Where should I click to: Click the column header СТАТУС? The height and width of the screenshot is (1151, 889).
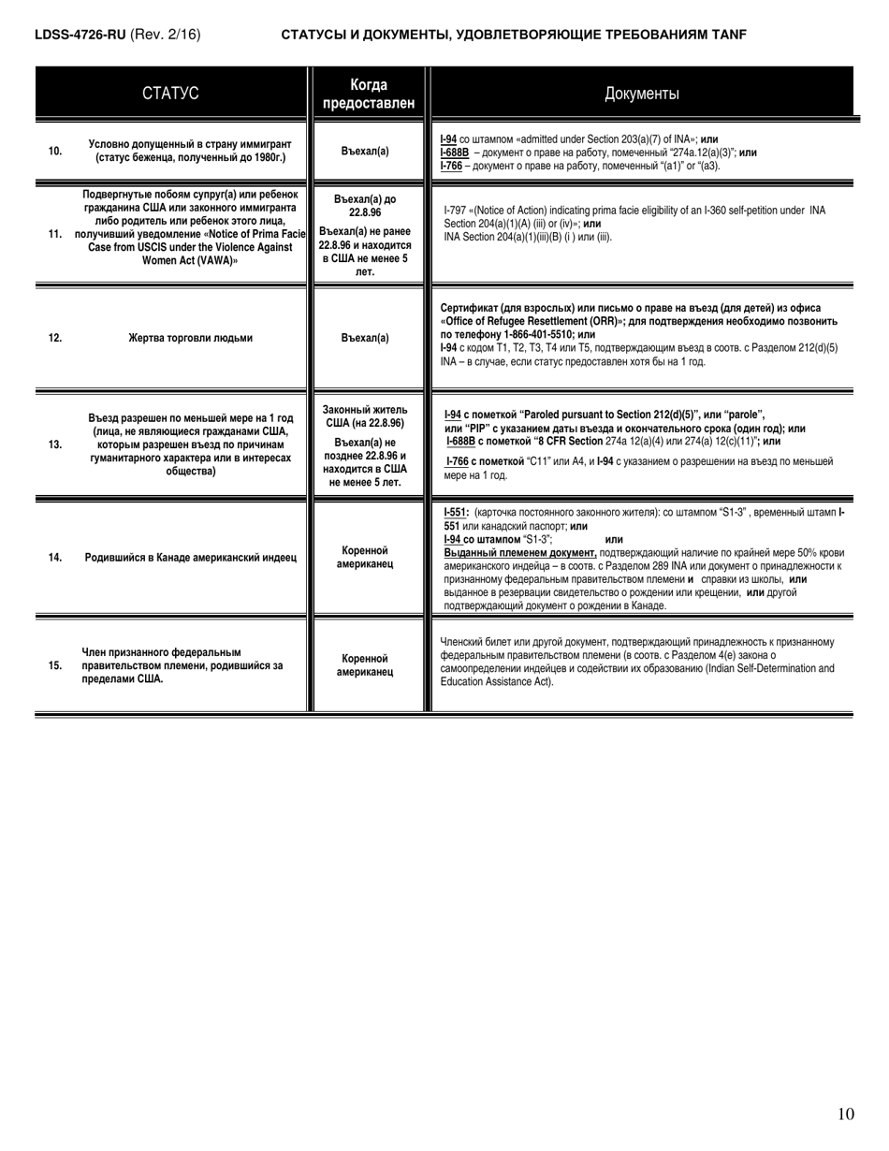[x=170, y=93]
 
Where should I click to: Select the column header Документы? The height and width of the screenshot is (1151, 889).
[x=642, y=93]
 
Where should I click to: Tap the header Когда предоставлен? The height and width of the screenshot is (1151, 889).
[x=368, y=93]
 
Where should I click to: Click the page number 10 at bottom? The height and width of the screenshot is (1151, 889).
[x=846, y=1114]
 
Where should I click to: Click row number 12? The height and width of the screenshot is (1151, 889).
[x=55, y=338]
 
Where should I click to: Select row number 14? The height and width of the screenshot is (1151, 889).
[x=55, y=558]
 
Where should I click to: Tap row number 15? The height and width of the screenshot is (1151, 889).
[x=55, y=665]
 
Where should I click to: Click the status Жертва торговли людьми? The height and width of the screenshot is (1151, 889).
[x=190, y=338]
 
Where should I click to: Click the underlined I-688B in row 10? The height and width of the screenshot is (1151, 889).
[x=456, y=153]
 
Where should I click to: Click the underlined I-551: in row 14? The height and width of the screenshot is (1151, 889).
[x=456, y=513]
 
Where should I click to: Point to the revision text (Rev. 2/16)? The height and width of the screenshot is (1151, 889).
[x=166, y=35]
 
